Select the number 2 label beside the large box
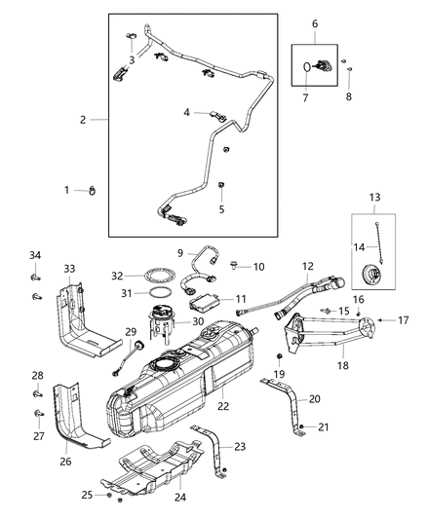tap(84, 120)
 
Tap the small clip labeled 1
tap(95, 190)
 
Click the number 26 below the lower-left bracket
tap(65, 462)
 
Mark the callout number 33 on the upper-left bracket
tap(68, 269)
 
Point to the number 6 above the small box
tap(314, 22)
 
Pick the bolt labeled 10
tap(237, 264)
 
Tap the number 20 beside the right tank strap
tap(314, 399)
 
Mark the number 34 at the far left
tap(35, 255)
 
